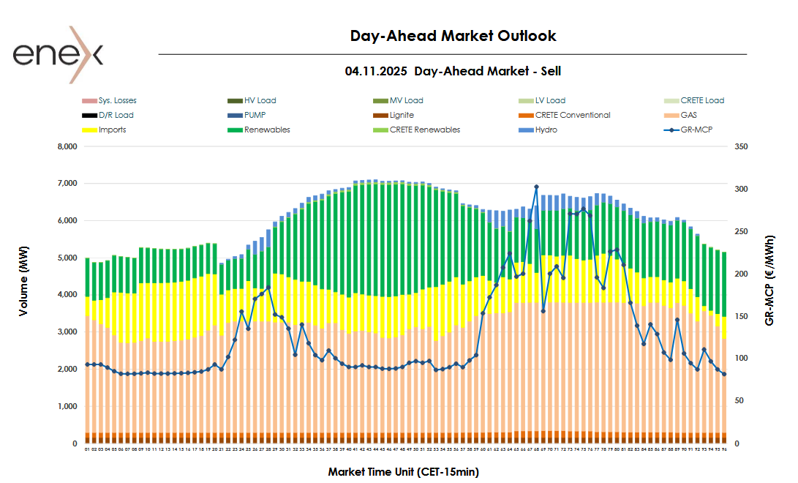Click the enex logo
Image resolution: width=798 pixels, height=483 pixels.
[x=58, y=54]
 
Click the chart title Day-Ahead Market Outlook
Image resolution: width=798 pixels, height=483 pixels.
[x=453, y=36]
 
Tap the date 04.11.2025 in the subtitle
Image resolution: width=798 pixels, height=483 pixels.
[x=376, y=71]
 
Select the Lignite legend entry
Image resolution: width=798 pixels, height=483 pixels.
[x=402, y=115]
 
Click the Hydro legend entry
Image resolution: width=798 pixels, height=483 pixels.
[x=546, y=130]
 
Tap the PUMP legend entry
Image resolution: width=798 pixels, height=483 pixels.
[x=255, y=115]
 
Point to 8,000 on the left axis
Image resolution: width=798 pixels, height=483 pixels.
[x=66, y=146]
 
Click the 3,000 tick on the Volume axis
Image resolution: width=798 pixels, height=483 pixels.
[x=66, y=332]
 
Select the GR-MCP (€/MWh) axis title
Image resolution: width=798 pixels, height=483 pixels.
[x=769, y=280]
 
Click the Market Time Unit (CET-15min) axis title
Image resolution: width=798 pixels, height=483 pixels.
[x=403, y=472]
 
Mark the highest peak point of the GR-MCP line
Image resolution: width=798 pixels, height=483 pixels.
[x=536, y=187]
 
